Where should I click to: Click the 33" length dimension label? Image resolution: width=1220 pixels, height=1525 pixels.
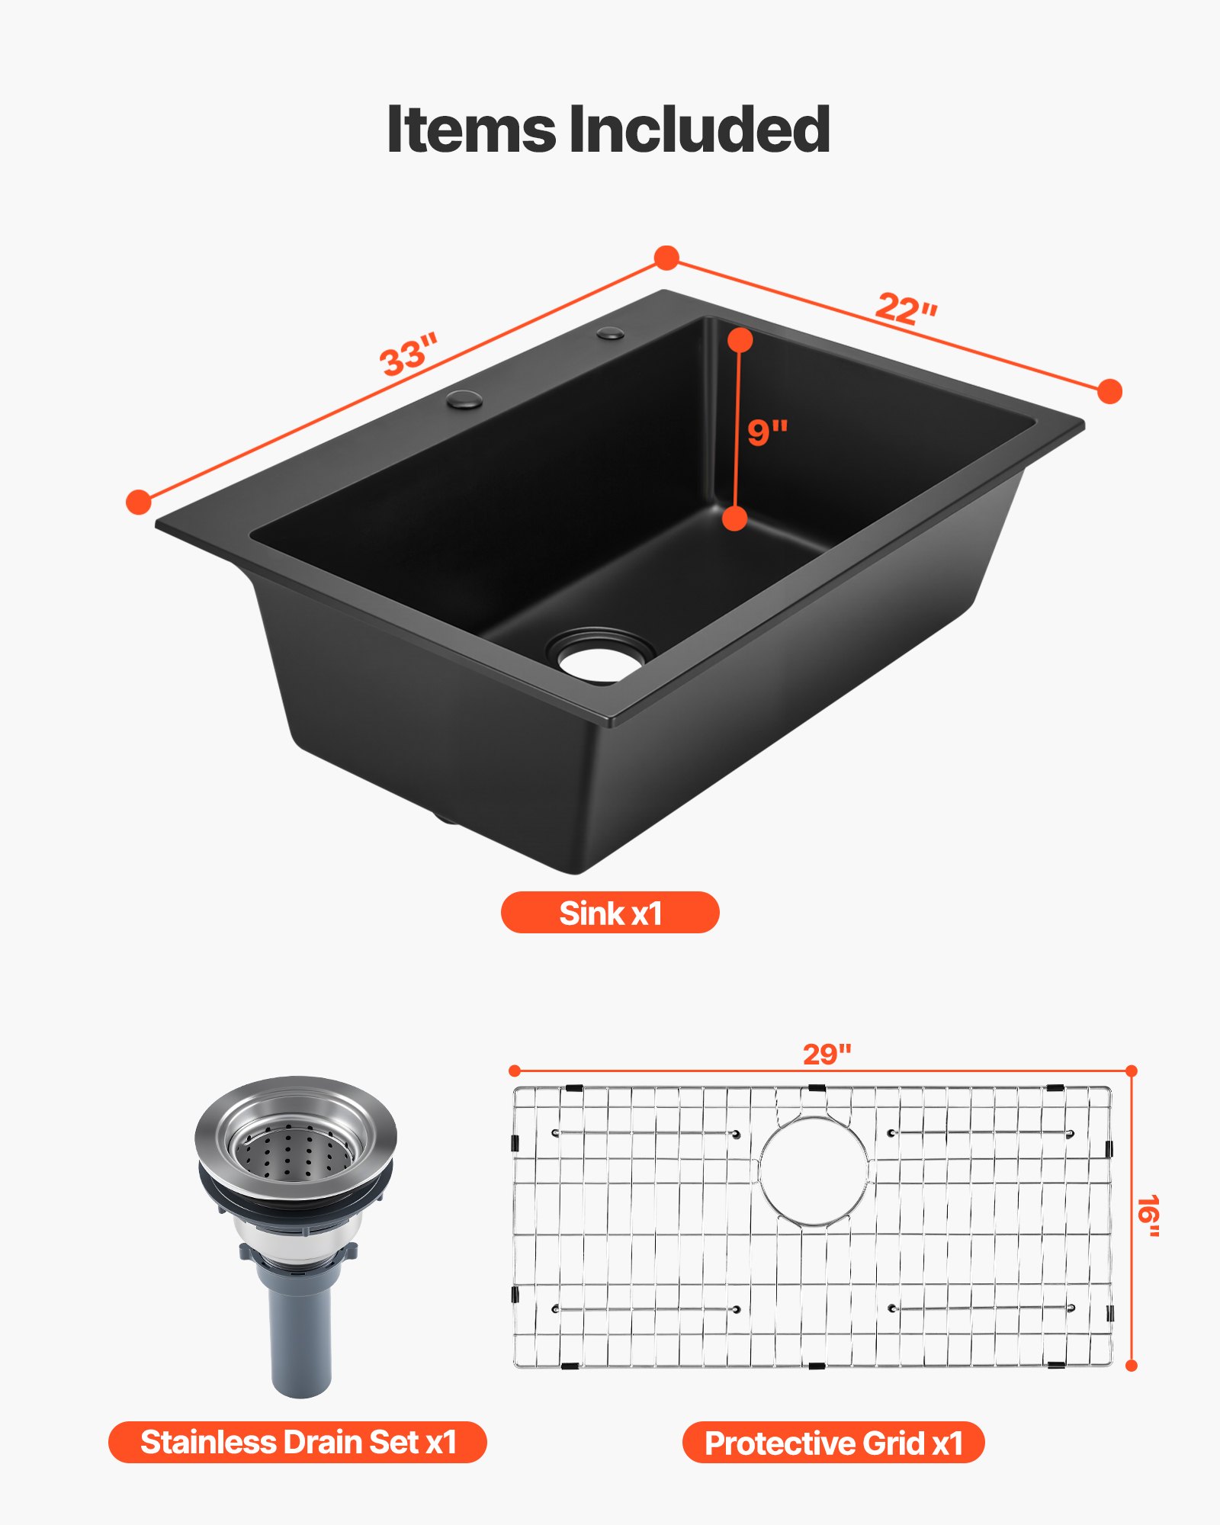tap(409, 354)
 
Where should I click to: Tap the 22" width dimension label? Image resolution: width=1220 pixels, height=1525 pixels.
tap(906, 309)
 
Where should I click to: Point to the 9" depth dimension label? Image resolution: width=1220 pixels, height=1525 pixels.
tap(766, 432)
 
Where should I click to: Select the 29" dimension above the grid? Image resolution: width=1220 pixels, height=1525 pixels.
tap(827, 1055)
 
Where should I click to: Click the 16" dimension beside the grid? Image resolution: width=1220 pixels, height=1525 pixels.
tap(1148, 1216)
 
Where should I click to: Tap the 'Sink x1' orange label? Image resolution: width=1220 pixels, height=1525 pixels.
tap(610, 913)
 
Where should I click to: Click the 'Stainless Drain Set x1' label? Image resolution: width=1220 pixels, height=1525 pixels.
tap(297, 1442)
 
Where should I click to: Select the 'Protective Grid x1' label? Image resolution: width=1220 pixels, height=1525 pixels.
tap(833, 1443)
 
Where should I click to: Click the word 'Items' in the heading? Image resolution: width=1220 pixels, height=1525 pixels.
tap(471, 130)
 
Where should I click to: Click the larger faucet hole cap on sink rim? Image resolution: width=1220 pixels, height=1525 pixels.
tap(464, 399)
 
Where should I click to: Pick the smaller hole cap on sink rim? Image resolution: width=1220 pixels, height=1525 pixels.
tap(611, 333)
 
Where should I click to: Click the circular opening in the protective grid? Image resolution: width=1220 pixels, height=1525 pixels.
tap(814, 1171)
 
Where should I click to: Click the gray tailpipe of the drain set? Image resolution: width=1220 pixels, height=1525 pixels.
tap(301, 1331)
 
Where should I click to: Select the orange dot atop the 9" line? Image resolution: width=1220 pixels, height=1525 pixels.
tap(740, 340)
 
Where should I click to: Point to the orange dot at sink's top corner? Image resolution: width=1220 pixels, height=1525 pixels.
tap(667, 258)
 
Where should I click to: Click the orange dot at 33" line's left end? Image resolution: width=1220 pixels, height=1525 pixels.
tap(139, 502)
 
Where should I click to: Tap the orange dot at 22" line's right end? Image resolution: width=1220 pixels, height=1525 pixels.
tap(1110, 391)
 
